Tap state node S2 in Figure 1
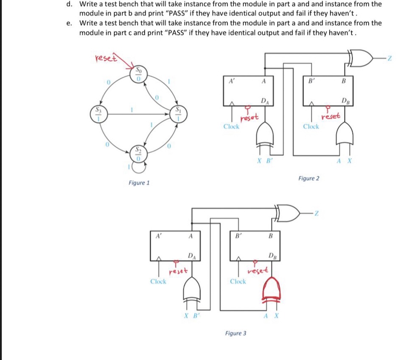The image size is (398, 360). (138, 153)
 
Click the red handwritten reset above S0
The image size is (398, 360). (104, 58)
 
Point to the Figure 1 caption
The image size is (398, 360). (139, 183)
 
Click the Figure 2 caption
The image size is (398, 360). (309, 179)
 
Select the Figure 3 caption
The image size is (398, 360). (236, 333)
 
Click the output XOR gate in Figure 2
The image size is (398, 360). (360, 58)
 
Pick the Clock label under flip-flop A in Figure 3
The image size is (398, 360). (158, 282)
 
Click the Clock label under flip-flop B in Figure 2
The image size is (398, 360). (311, 126)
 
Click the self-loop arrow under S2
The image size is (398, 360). (138, 168)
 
